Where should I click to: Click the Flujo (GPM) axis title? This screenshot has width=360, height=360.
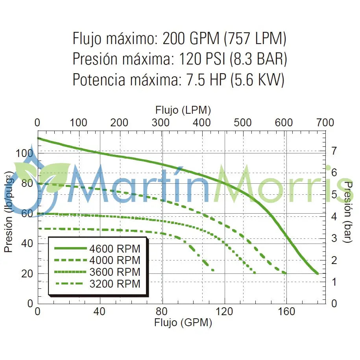183,323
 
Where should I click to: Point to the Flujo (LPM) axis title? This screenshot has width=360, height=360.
183,109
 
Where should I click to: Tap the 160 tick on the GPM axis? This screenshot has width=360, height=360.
286,312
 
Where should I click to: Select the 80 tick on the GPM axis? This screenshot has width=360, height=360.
162,312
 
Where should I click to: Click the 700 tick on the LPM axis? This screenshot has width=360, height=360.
325,122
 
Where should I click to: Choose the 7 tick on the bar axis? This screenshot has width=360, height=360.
334,150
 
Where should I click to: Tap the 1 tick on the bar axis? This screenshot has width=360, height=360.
334,282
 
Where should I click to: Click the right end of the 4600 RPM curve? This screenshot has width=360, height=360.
317,273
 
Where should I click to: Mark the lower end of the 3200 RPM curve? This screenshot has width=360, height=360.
213,270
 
